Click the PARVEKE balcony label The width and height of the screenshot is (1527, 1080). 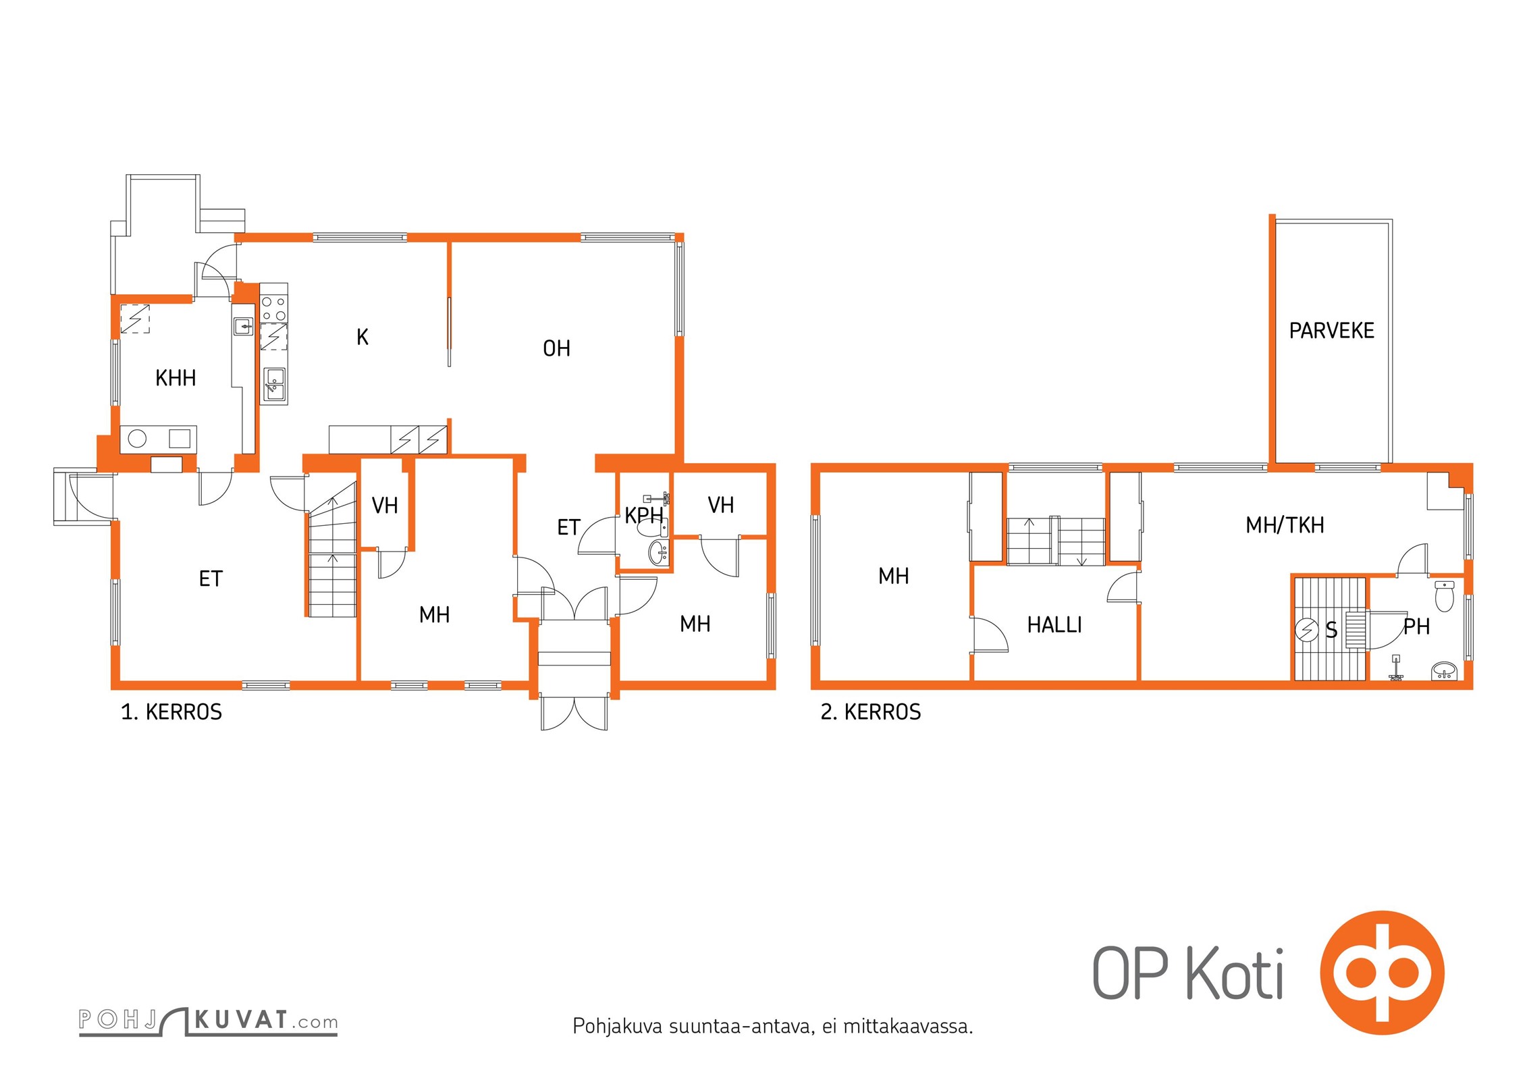1331,331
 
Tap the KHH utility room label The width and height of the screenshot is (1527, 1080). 176,378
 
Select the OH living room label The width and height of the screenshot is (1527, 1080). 556,348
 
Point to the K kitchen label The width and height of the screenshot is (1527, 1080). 363,337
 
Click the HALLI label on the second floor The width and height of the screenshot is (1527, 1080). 1054,625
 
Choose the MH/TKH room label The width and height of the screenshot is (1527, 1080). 1285,525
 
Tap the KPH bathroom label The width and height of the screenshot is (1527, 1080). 643,516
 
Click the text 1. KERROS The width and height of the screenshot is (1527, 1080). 171,711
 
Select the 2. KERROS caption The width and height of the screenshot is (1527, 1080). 871,711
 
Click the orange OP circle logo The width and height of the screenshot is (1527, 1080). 1382,972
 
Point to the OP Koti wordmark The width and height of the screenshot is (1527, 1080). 1187,973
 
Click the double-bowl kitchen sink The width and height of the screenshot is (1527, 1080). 274,385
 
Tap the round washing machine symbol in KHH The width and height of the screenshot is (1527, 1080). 137,439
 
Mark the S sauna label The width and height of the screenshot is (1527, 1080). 1331,630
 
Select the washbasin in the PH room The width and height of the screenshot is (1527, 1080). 1444,671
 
